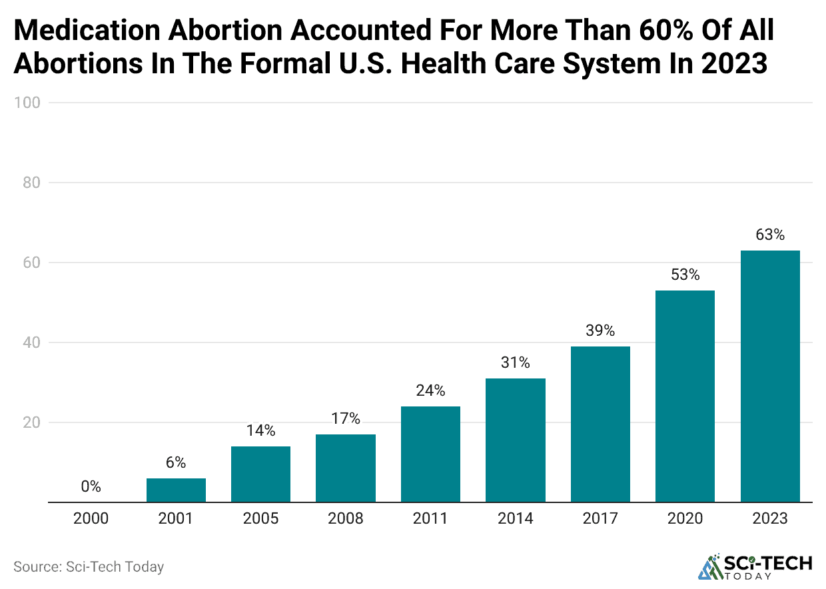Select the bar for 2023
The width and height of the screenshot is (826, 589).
(x=770, y=376)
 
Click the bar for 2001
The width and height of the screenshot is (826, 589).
(x=176, y=490)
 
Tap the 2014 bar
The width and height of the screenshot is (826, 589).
(x=516, y=440)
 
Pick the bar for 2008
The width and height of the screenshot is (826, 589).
(x=346, y=468)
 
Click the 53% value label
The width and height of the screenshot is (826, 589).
(x=685, y=275)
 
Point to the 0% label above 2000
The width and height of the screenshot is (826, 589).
(x=91, y=486)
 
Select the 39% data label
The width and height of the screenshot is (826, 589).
(x=600, y=330)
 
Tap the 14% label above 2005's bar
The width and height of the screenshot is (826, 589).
(x=260, y=430)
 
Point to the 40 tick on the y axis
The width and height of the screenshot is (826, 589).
(x=31, y=342)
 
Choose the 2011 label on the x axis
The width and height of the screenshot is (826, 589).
(x=430, y=518)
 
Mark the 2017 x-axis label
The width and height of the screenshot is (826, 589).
(x=600, y=518)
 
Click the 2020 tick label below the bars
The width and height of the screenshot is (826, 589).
(x=685, y=518)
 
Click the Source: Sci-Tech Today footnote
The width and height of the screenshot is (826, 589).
(x=89, y=567)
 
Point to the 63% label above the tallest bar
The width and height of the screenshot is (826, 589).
(x=770, y=235)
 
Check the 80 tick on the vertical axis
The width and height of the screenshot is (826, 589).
(x=31, y=183)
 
